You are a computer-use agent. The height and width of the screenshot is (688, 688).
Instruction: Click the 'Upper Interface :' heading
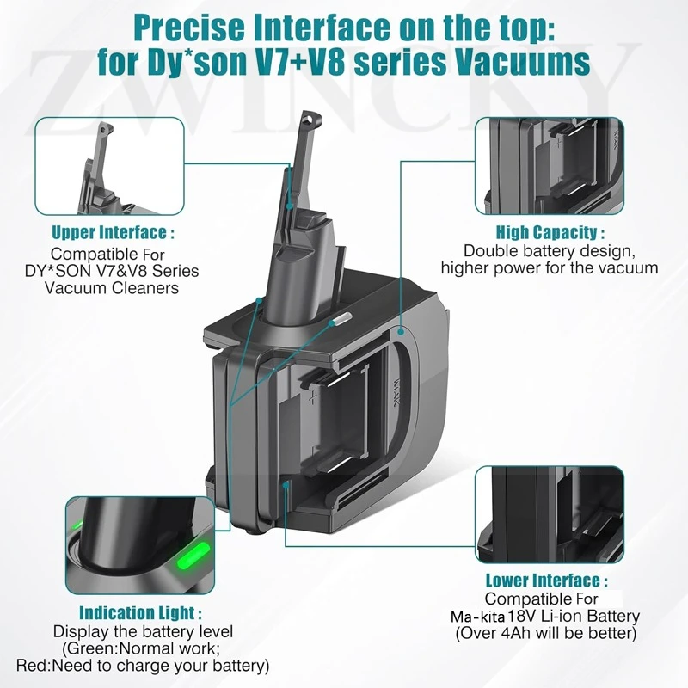[x=113, y=232]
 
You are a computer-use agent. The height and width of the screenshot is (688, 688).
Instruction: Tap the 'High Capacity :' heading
[x=550, y=232]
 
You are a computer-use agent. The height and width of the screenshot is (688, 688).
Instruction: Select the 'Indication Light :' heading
[x=141, y=613]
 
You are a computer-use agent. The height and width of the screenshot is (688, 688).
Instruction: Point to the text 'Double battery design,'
[x=550, y=250]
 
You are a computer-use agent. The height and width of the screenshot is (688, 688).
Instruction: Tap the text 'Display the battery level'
[x=141, y=631]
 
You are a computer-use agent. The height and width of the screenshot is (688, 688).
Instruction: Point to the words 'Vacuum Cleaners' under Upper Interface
[x=113, y=287]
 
